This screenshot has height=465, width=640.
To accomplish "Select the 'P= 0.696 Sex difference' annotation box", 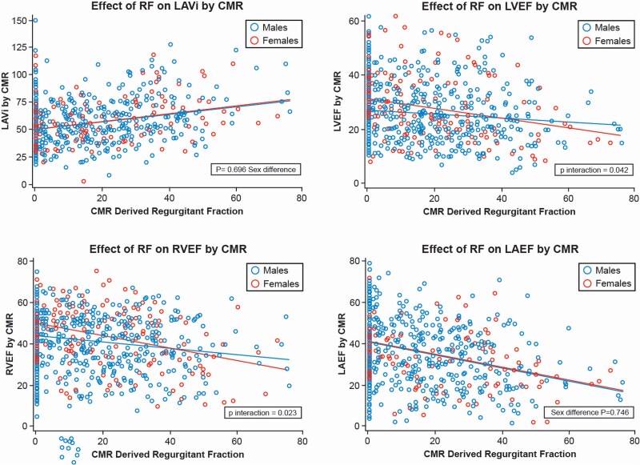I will point(254,170).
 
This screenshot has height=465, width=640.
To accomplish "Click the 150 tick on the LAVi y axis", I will point(18,19).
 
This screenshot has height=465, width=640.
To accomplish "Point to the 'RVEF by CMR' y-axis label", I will point(7,340).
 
